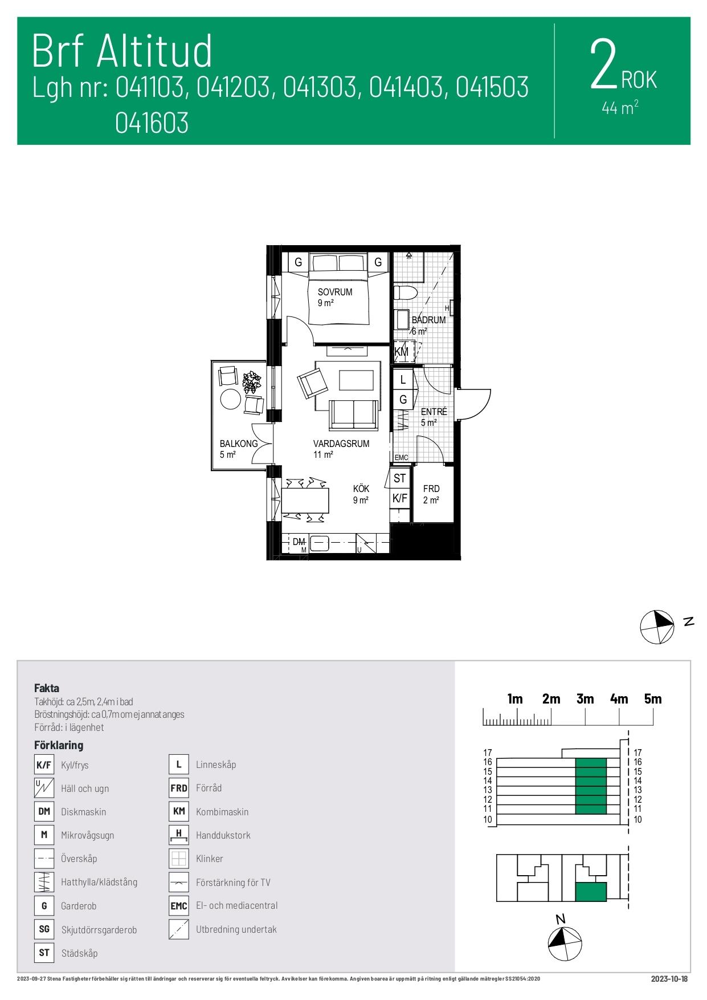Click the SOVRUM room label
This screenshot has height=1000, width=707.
[335, 292]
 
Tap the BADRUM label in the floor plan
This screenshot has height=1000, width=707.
[428, 320]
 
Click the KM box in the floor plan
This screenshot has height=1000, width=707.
[402, 352]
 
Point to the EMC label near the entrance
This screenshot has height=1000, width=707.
[402, 458]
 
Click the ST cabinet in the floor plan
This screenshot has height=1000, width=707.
[399, 478]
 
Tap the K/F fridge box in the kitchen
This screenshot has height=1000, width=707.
[399, 498]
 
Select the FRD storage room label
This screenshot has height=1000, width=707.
[431, 489]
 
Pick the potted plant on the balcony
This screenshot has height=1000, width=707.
[252, 382]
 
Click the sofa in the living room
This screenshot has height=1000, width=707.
[354, 414]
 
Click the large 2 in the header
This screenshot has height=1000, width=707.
[604, 64]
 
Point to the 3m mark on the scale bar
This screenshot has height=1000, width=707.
[585, 699]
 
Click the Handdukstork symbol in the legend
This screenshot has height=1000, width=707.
[179, 835]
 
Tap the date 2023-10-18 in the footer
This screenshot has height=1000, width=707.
[669, 979]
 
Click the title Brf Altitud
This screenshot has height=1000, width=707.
[122, 51]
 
